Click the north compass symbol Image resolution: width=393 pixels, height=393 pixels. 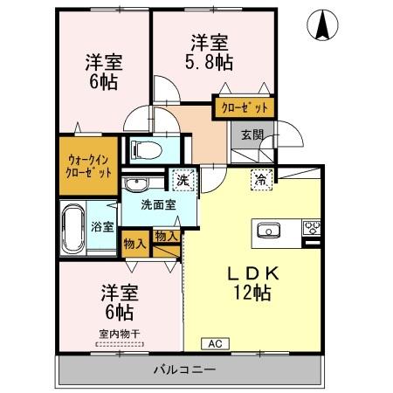coord(321,26)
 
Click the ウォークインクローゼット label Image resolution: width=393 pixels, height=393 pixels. coord(89,165)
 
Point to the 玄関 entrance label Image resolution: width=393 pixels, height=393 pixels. coord(252,134)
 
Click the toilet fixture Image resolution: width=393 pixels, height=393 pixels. coord(144,149)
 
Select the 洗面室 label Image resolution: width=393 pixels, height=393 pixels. coord(160,206)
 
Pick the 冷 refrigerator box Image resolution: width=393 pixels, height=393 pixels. coord(260,180)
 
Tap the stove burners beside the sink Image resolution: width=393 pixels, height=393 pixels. coord(311,230)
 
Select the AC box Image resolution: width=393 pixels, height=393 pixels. coord(213,343)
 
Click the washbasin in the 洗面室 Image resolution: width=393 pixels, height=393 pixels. coord(135,185)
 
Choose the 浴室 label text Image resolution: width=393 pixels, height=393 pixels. coord(101,227)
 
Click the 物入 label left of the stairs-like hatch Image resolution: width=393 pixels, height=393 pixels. coord(134,244)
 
